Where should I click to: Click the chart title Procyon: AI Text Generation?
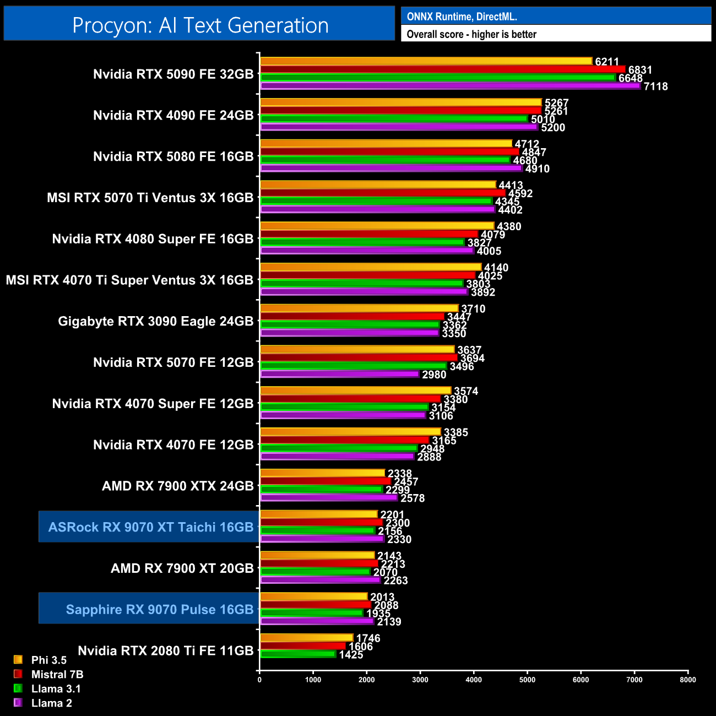pos(200,25)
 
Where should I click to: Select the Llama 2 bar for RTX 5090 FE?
pos(450,86)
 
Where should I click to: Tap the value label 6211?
pos(607,62)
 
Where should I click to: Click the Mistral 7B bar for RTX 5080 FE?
pos(389,152)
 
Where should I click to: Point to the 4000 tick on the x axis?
pos(474,680)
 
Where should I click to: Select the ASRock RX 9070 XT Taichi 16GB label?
pos(150,527)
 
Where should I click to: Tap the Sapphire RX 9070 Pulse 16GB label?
pos(159,609)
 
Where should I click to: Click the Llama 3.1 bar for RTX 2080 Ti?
pos(298,654)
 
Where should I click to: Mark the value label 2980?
pos(434,375)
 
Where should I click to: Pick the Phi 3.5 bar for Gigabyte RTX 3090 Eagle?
pos(359,308)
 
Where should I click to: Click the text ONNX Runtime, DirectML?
pos(462,17)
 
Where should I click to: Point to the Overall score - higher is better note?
pos(471,34)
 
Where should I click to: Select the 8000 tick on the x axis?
pos(688,680)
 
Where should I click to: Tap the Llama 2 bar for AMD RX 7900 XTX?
pos(329,498)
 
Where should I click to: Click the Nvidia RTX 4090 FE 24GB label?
pos(173,115)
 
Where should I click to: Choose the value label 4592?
pos(520,193)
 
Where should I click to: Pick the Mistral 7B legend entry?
pos(57,674)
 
